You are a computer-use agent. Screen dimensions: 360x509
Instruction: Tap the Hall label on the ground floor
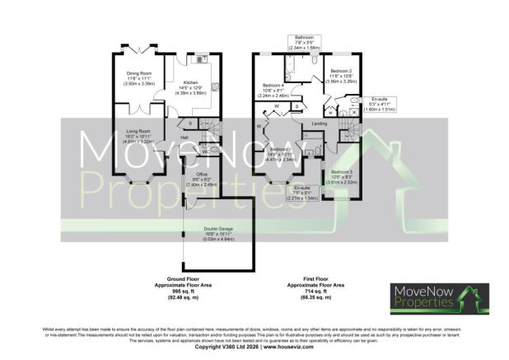pyautogui.click(x=185, y=137)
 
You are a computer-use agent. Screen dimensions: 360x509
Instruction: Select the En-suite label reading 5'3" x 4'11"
pyautogui.click(x=379, y=98)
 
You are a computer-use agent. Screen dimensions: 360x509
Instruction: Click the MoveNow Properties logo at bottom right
pyautogui.click(x=438, y=297)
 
